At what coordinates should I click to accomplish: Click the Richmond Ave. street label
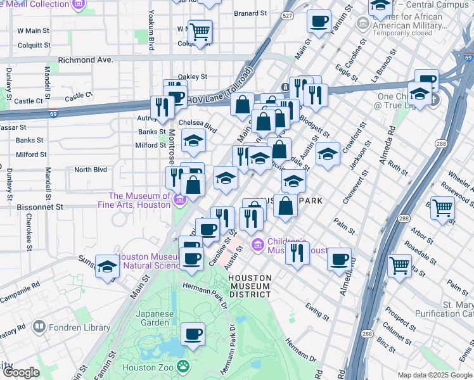coord(85,60)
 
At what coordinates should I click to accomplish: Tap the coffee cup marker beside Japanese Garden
coord(193,334)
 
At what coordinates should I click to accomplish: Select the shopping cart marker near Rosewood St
coord(442,207)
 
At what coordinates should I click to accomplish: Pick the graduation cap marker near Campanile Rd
coord(108,267)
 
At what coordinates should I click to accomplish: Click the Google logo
coord(21,372)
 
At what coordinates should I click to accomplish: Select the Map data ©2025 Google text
coord(434,375)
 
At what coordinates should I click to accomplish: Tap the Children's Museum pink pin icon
coord(258,244)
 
